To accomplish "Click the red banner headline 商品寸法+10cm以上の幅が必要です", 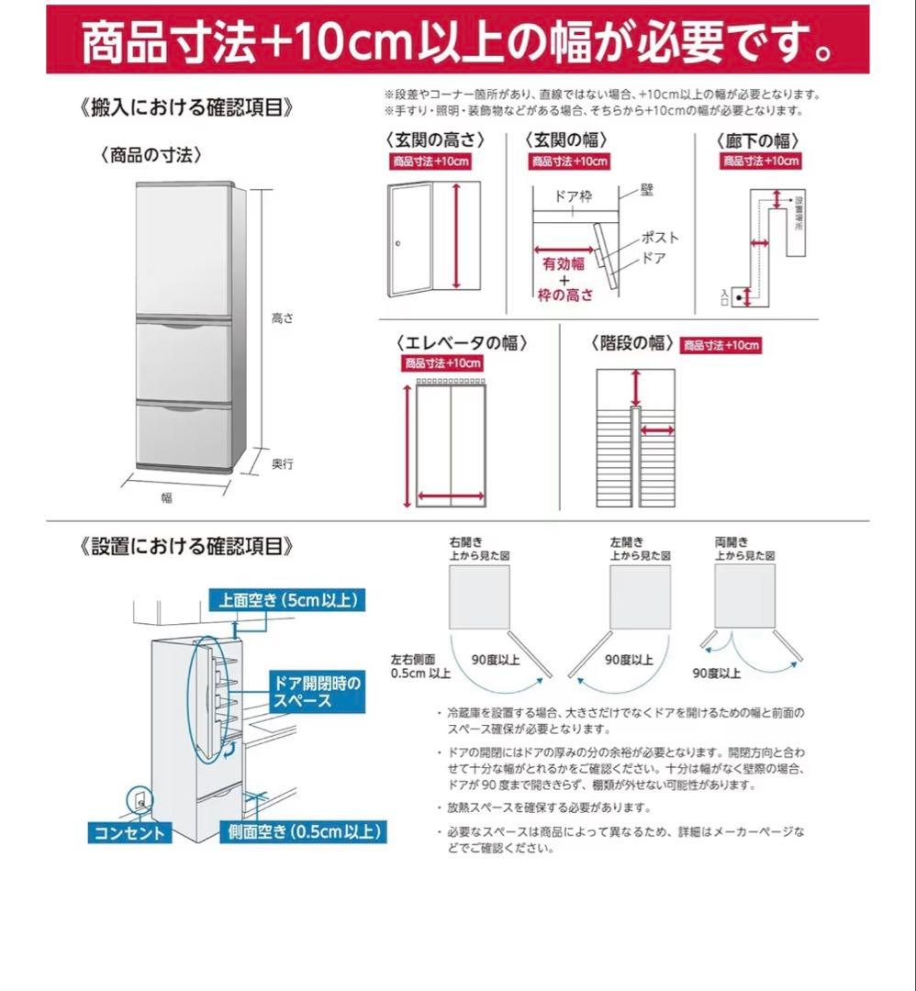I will click(x=457, y=41).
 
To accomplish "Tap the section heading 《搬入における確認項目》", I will click(x=187, y=107).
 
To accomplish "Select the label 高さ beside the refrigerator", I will click(x=282, y=318).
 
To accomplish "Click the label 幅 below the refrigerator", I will click(x=166, y=498).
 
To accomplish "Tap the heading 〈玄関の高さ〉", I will click(x=434, y=140).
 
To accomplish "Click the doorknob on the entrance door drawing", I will click(x=398, y=243).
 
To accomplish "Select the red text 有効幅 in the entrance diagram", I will click(x=563, y=264).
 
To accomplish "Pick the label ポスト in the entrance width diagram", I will click(x=659, y=237).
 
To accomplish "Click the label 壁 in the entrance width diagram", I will click(x=647, y=193).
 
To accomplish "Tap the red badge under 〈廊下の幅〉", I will click(x=760, y=161).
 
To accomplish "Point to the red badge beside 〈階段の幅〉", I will click(x=721, y=345).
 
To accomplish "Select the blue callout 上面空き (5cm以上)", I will click(x=286, y=601).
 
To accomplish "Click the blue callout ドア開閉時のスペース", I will click(x=316, y=691).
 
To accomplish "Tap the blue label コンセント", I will click(x=129, y=832).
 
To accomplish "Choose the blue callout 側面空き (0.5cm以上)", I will click(x=306, y=832).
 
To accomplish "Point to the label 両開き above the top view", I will click(x=732, y=542).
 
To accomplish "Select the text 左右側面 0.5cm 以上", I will click(x=420, y=666).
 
